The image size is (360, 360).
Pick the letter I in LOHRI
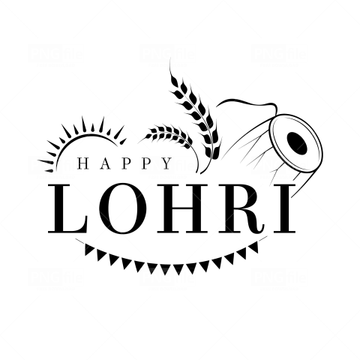coord(284,208)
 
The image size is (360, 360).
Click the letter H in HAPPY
coord(84,163)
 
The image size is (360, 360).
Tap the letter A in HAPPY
coord(106,163)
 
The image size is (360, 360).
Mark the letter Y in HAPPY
coord(166,163)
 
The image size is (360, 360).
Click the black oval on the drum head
coord(297,142)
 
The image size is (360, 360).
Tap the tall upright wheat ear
coord(197,112)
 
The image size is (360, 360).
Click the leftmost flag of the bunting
coord(88,249)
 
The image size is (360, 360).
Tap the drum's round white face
coord(295,142)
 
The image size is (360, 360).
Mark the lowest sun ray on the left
coord(49,170)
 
